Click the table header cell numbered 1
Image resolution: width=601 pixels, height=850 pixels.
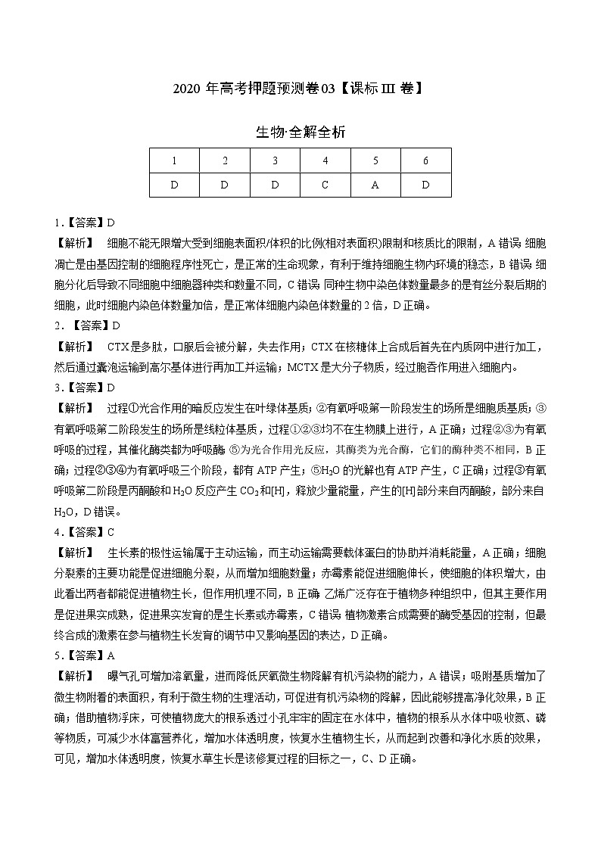tap(174, 160)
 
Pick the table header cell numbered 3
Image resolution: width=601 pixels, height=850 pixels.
tap(275, 160)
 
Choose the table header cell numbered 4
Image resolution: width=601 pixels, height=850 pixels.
tap(325, 160)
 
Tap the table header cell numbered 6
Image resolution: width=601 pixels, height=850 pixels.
tap(425, 160)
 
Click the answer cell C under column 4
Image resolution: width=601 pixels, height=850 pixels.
tap(325, 185)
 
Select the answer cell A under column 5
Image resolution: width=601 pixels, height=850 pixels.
tap(375, 185)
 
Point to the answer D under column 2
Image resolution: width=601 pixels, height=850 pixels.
tap(225, 185)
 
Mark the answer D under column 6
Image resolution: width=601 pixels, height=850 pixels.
tap(425, 185)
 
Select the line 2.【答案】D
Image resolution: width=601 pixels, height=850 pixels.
tap(87, 326)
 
